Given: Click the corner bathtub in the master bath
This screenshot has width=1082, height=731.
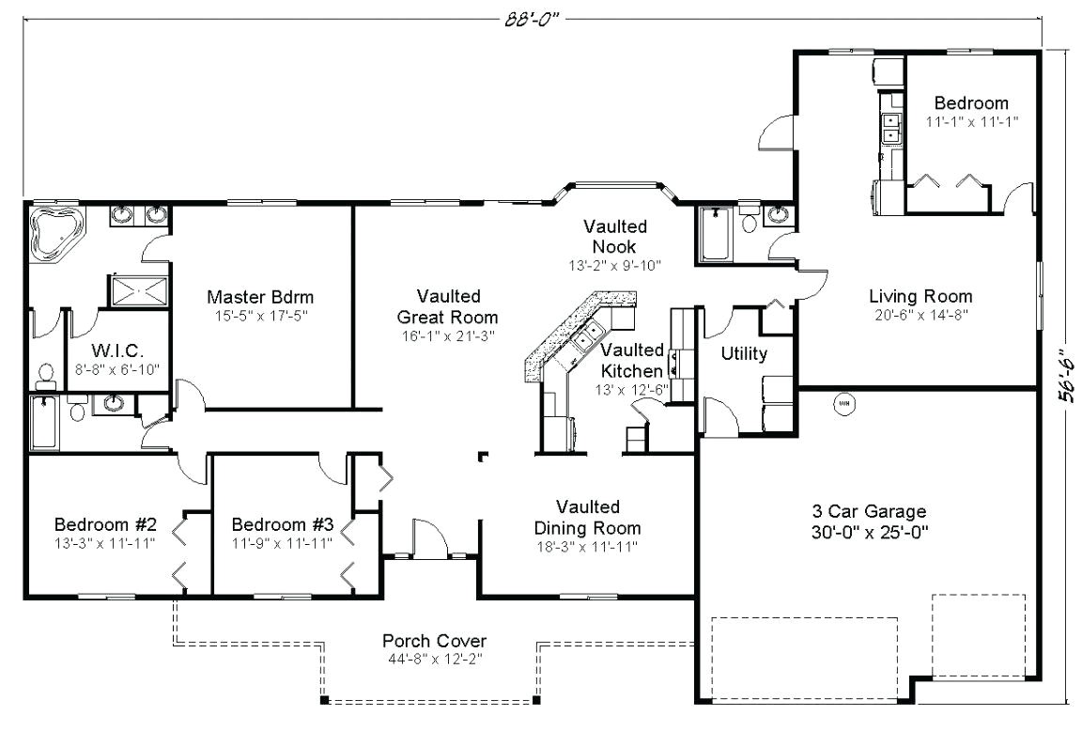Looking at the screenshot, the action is [56, 232].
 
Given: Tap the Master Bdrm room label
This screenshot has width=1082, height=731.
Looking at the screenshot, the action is [260, 298].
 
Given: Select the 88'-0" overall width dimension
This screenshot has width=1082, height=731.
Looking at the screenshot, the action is [531, 19].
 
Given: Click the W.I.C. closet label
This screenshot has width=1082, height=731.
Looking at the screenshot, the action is [117, 350].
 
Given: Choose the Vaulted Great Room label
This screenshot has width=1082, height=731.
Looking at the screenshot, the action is [448, 306].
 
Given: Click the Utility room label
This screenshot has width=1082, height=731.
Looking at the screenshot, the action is [744, 353].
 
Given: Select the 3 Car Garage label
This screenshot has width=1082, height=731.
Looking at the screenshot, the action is [869, 511].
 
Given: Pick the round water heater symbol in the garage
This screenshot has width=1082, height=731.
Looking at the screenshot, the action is [843, 402].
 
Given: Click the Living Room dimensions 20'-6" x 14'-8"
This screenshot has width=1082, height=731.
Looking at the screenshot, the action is [920, 316].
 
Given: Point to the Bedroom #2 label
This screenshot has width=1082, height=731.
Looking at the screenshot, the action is [105, 524].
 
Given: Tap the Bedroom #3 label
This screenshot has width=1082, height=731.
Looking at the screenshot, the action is [282, 524].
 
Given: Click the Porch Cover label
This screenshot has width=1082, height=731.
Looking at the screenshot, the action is [435, 641].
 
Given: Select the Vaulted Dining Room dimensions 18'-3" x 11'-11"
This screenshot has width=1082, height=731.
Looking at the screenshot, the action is [587, 548].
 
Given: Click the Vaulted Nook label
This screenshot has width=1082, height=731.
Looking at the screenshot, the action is [615, 236].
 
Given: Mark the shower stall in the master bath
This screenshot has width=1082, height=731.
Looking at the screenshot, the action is [139, 290].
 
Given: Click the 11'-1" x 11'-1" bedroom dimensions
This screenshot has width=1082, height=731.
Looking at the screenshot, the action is [971, 122].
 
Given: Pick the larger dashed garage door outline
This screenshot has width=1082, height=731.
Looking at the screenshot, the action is [804, 659].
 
